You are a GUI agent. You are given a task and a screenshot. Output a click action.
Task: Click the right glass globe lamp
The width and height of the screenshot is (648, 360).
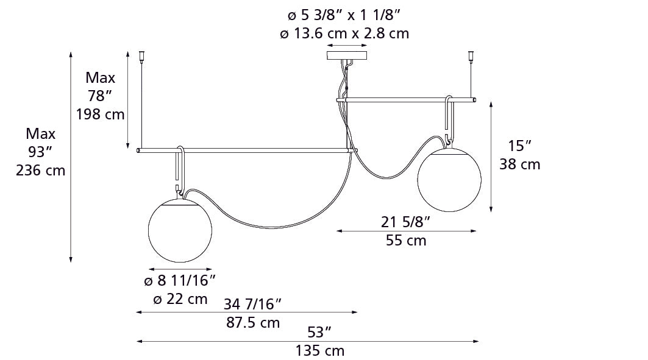click(449, 180)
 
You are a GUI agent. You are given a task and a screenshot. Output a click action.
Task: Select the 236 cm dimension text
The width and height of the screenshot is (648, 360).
click(40, 171)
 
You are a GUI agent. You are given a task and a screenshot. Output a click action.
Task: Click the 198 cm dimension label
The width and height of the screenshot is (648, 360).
click(100, 114)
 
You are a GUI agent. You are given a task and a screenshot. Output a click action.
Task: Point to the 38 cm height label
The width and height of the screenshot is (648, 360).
click(519, 164)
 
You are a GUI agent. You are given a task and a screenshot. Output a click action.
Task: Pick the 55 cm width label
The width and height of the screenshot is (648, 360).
click(406, 240)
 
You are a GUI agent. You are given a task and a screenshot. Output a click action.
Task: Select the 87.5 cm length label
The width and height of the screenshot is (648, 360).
click(253, 322)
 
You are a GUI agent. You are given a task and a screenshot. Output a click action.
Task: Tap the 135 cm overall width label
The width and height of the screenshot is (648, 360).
click(319, 351)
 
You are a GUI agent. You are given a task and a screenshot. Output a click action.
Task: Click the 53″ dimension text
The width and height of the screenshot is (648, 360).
click(319, 332)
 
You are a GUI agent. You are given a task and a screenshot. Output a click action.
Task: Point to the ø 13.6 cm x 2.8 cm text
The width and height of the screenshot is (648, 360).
click(344, 34)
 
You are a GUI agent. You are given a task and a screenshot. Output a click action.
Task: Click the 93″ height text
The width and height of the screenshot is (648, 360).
click(40, 152)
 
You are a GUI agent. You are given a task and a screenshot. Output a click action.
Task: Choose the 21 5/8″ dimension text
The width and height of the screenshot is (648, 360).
click(406, 222)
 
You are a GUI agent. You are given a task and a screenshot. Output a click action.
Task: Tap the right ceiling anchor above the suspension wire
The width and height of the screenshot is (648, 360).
click(471, 57)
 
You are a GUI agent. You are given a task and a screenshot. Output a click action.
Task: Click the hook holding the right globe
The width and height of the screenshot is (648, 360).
click(450, 118)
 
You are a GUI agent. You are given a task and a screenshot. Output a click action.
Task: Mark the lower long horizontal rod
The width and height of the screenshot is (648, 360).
click(244, 149)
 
